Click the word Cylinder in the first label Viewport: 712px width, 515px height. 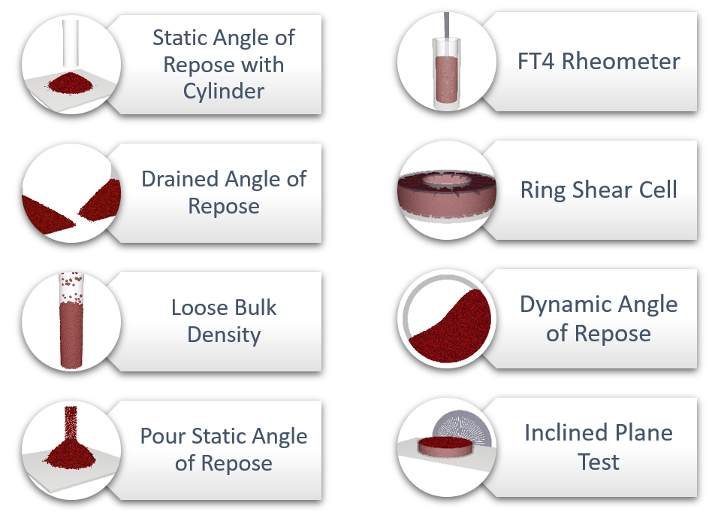tap(223, 92)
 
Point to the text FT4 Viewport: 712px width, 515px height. tap(536, 62)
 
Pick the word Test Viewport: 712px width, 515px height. tap(598, 462)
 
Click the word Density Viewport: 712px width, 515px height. tap(224, 335)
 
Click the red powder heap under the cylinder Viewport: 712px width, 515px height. tap(70, 83)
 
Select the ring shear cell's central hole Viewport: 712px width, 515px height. tap(446, 180)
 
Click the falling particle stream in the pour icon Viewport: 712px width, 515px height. tap(71, 422)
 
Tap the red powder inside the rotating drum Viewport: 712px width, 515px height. tap(454, 331)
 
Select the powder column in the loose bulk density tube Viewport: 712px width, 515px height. tap(71, 334)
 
